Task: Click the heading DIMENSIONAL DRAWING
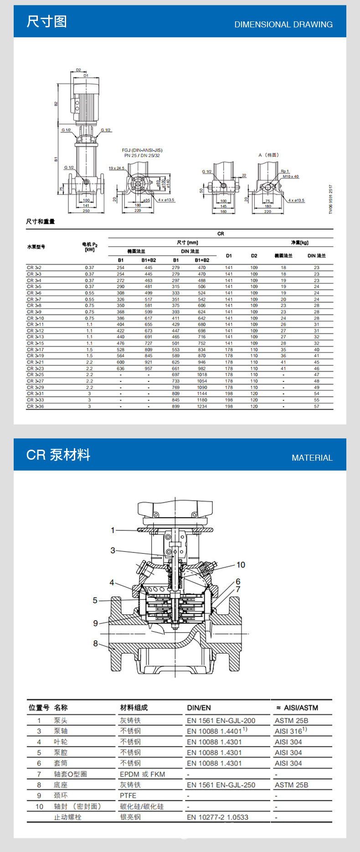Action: [283, 25]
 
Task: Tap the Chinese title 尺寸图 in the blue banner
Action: [46, 21]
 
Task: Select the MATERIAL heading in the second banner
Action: [312, 457]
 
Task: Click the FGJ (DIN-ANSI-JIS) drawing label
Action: [142, 150]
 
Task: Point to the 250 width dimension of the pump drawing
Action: [86, 211]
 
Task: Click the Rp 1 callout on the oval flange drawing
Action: [285, 171]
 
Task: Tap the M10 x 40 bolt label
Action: [290, 176]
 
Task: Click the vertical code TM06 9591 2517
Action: [331, 199]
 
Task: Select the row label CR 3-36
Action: [35, 406]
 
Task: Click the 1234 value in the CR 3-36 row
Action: [202, 406]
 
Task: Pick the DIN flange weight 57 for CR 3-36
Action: [316, 406]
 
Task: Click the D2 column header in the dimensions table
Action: [254, 256]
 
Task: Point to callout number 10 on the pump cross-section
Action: [241, 565]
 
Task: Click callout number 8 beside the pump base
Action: [95, 643]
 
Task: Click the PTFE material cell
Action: [128, 796]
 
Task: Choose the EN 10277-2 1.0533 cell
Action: [217, 817]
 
